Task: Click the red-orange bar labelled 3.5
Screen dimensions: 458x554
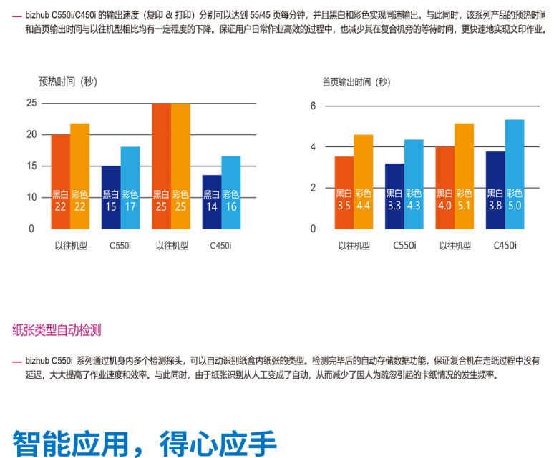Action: pos(344,191)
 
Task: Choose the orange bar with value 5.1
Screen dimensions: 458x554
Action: pos(464,176)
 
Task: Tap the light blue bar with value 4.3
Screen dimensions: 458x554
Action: pos(414,184)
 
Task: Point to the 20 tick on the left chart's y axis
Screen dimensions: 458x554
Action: pos(31,134)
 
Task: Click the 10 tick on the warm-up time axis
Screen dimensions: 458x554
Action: pos(31,197)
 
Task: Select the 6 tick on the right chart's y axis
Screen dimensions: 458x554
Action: pos(313,106)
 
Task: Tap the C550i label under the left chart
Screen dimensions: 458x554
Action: pos(120,246)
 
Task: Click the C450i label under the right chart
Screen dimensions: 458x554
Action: pos(505,246)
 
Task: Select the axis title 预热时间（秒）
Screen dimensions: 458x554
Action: pos(67,81)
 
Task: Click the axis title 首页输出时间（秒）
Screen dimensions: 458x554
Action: pos(356,82)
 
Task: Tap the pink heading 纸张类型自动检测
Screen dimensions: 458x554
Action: pos(57,329)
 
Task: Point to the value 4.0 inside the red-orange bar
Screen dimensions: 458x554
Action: pos(444,206)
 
